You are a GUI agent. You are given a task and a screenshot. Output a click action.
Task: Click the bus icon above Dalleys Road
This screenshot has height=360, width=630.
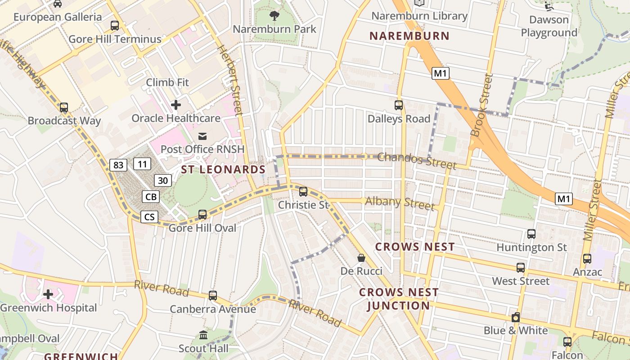[x=399, y=105]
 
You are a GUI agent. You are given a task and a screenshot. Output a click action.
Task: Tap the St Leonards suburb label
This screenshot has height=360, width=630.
[x=223, y=170]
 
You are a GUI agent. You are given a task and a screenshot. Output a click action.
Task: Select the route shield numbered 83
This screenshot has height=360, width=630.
[x=118, y=165]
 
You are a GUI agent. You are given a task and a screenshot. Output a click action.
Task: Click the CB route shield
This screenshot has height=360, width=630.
[x=151, y=197]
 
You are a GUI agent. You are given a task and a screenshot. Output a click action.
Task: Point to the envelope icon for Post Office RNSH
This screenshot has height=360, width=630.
[x=202, y=136]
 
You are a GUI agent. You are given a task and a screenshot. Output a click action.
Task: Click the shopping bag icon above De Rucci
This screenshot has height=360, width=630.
[x=361, y=258]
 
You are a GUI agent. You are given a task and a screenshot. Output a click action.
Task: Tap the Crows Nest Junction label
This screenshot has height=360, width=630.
[x=398, y=299]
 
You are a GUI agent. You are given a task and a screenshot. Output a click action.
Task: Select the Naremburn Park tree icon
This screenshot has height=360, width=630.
[x=274, y=16]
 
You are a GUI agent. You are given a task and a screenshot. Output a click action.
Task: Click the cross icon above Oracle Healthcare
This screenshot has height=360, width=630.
[x=176, y=105]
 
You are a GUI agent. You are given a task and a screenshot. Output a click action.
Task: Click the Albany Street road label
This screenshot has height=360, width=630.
[x=400, y=203]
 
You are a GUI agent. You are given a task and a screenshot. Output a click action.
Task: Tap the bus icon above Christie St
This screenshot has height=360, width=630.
[x=303, y=192]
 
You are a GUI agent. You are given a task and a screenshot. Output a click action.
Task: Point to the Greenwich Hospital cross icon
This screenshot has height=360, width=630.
[x=48, y=295]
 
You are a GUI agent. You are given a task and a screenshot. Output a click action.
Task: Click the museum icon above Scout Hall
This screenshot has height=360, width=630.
[x=203, y=335]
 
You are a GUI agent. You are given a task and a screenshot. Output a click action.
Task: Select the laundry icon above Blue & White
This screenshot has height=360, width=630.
[x=516, y=317]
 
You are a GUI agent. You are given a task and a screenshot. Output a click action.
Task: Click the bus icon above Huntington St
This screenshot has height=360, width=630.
[x=531, y=234]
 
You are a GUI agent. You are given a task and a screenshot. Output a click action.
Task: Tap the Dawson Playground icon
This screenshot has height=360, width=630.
[x=549, y=6]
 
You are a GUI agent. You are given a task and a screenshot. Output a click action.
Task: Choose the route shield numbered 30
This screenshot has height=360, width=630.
[x=163, y=180]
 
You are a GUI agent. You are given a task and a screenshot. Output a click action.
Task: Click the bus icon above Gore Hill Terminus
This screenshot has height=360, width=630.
[x=115, y=26]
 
